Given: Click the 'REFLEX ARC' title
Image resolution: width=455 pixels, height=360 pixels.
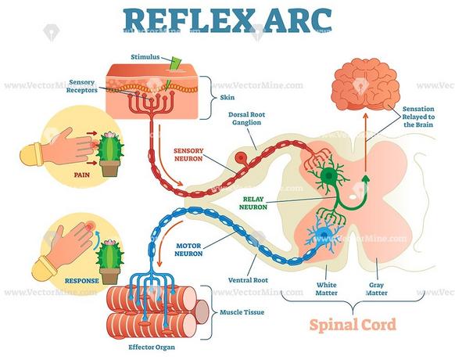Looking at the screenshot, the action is (227, 20).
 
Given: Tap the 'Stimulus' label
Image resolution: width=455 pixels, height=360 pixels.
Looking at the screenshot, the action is (145, 56).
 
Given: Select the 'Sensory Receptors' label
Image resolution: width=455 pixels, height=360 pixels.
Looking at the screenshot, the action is (82, 86).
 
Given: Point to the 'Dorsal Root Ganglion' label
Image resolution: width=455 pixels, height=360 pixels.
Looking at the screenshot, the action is (246, 118).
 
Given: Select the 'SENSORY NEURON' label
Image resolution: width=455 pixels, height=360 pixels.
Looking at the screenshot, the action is (188, 155).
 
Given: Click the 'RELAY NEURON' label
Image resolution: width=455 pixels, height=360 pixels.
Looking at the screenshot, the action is (253, 203).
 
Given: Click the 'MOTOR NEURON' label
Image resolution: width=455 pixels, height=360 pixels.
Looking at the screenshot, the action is (188, 250).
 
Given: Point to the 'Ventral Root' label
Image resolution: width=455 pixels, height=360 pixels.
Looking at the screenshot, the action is (248, 280).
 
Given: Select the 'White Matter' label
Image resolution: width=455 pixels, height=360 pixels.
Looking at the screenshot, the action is (327, 289).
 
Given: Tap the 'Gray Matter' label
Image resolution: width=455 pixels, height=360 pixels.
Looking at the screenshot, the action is (376, 289).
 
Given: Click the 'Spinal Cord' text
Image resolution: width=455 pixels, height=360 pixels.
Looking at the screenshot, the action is (353, 325).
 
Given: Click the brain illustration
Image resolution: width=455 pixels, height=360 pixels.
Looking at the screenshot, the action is (365, 85).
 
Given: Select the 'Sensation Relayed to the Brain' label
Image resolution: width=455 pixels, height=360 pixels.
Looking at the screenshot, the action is (418, 117).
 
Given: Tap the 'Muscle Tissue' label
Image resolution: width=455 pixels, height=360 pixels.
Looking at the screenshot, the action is (242, 312).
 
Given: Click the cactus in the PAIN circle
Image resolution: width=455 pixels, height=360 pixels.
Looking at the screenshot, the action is (110, 154).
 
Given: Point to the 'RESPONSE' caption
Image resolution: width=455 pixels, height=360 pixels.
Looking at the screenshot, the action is (82, 281).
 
